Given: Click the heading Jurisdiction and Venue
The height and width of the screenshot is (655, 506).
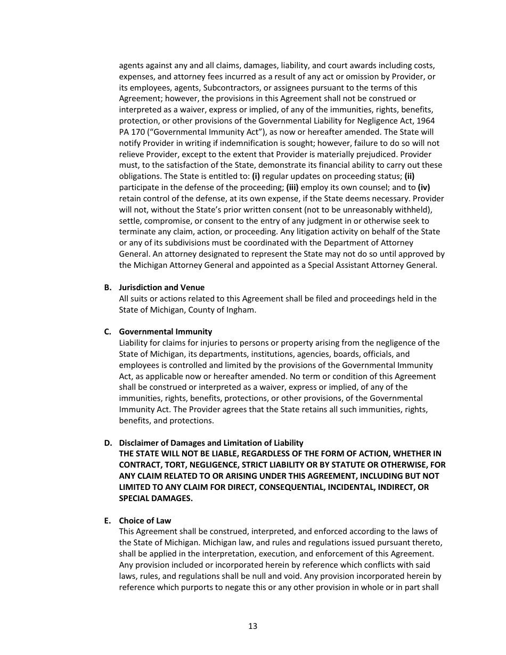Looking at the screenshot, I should (x=161, y=288).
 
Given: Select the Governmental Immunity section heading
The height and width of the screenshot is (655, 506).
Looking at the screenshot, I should (x=165, y=332).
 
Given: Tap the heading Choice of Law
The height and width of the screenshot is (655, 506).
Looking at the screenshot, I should (x=145, y=520).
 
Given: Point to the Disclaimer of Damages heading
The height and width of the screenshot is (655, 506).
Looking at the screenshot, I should (x=211, y=443).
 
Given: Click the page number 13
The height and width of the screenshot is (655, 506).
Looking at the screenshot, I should (x=252, y=626).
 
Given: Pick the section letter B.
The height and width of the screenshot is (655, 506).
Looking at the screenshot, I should (x=107, y=288).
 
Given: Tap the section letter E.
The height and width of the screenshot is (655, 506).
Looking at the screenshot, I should (x=107, y=520).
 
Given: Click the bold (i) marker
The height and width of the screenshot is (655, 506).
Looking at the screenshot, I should (x=256, y=176).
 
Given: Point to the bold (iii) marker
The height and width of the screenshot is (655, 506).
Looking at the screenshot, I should (x=292, y=187).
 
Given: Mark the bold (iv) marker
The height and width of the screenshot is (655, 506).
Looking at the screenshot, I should (x=423, y=187).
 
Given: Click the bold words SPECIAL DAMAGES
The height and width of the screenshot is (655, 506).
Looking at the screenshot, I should (x=156, y=498).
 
